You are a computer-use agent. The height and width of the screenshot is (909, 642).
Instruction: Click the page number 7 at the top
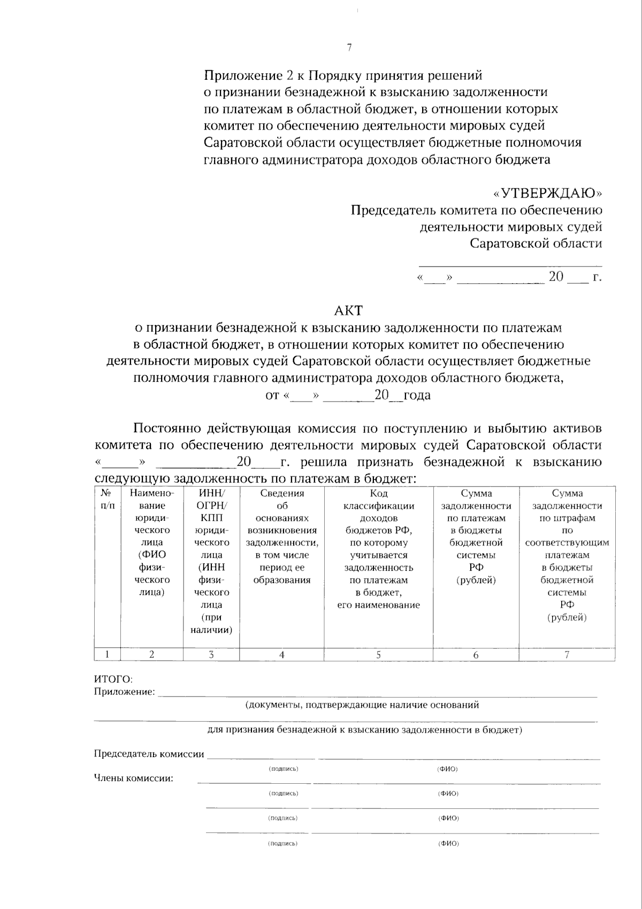click(349, 48)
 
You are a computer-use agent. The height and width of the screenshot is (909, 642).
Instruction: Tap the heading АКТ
click(348, 310)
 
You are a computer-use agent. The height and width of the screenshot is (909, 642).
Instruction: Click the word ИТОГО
click(113, 679)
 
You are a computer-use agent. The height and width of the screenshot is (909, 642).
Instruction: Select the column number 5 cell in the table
click(378, 654)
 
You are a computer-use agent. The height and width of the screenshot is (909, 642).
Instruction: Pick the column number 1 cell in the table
click(107, 654)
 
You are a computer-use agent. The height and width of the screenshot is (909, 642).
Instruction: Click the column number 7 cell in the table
click(567, 654)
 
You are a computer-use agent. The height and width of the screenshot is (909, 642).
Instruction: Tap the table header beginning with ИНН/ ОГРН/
click(211, 560)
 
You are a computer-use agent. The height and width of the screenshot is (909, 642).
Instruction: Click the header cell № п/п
click(107, 499)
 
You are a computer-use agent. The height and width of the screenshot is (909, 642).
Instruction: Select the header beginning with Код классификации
click(378, 549)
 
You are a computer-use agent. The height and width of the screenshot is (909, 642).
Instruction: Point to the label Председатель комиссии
click(149, 754)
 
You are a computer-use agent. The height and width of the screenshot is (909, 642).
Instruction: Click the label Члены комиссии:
click(133, 778)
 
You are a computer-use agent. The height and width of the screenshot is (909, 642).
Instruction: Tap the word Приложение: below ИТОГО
click(124, 692)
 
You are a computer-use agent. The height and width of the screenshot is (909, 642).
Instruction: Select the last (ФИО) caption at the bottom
click(448, 844)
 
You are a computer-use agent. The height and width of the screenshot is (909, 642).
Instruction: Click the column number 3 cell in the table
click(211, 654)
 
